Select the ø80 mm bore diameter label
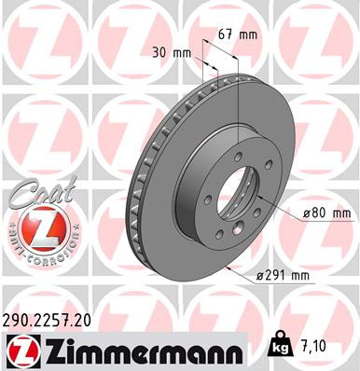(326, 213)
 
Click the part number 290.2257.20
(54, 319)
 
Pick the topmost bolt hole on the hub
(237, 134)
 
